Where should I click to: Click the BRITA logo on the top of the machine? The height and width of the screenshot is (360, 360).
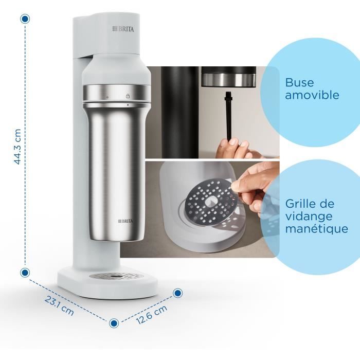[x=123, y=29]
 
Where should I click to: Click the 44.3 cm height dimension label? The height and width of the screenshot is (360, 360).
[x=17, y=147]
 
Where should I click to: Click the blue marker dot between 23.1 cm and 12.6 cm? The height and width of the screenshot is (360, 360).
[x=114, y=322]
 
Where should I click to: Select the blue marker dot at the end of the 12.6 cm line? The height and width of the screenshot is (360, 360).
[x=177, y=293]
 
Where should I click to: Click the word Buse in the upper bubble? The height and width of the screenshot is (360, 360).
[x=299, y=83]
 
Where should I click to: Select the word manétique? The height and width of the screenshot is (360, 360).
[x=316, y=229]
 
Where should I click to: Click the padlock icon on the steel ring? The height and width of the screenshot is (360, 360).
[x=127, y=96]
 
